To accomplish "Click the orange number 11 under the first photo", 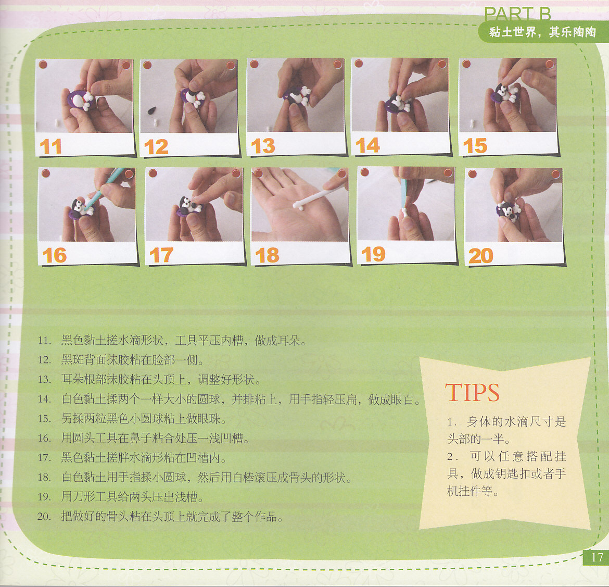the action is click(50, 146).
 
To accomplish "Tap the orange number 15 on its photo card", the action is click(475, 146).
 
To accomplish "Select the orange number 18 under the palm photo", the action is click(267, 255).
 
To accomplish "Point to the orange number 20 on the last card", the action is click(481, 256).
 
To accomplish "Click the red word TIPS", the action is click(472, 393).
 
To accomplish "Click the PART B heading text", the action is click(517, 15).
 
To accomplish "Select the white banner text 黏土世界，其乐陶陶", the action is click(542, 32).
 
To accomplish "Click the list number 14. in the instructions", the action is click(44, 399).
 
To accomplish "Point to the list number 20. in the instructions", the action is click(44, 517).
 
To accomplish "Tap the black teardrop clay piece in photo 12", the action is click(151, 110).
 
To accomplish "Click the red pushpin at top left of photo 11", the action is click(43, 64).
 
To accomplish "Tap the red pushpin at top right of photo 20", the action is click(555, 173).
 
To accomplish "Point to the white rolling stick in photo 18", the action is click(316, 195).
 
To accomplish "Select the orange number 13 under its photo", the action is click(263, 146).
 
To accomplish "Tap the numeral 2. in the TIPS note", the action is click(452, 456).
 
